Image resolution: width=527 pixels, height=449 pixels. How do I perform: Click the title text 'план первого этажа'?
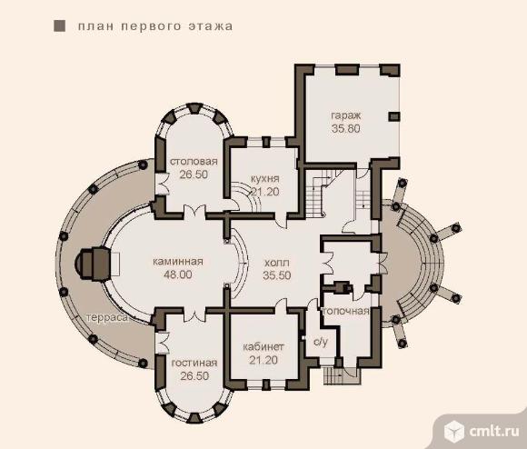click(155, 26)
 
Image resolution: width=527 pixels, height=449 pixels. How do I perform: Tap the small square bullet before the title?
click(59, 25)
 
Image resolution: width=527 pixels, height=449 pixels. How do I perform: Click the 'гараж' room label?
click(346, 116)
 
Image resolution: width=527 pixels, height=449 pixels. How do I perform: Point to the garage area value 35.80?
click(346, 128)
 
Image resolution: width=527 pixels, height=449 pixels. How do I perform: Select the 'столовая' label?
click(194, 161)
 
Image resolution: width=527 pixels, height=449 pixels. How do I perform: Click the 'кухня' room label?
click(265, 178)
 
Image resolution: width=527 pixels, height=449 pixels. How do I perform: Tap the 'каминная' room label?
click(178, 261)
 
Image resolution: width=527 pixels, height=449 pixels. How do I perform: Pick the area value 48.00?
click(178, 274)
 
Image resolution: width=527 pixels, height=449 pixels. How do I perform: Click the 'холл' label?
click(276, 263)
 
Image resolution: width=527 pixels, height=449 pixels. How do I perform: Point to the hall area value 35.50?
click(276, 275)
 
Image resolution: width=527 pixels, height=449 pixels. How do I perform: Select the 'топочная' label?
click(346, 311)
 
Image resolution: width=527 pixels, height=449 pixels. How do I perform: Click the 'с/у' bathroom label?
click(321, 342)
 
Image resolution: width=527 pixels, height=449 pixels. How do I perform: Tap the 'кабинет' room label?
click(263, 346)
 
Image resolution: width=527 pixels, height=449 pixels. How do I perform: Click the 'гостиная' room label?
click(194, 363)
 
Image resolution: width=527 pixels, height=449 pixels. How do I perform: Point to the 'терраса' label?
click(107, 318)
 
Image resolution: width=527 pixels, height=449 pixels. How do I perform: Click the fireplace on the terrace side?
click(93, 264)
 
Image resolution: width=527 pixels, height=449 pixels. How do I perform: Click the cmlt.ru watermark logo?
click(482, 431)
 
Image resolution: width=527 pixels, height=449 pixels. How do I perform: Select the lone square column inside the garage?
click(394, 116)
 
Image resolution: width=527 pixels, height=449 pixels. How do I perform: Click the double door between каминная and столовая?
click(194, 213)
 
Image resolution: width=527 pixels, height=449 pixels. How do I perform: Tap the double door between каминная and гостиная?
click(194, 313)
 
